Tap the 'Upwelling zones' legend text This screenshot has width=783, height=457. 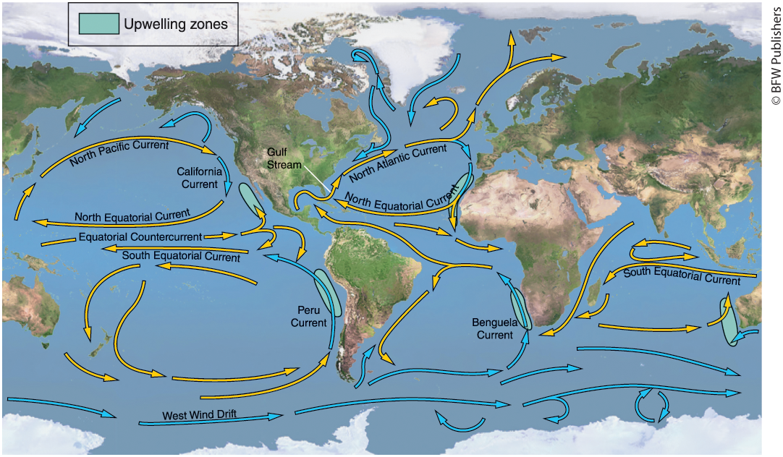(175, 24)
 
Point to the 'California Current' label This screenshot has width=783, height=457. (200, 178)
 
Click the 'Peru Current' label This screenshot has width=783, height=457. (309, 317)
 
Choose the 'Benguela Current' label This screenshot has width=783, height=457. (492, 328)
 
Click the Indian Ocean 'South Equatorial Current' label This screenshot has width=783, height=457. (682, 276)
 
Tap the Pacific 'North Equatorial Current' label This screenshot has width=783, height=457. (132, 215)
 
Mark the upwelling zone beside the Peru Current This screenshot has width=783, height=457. (329, 291)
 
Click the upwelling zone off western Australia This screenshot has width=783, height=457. (729, 321)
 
